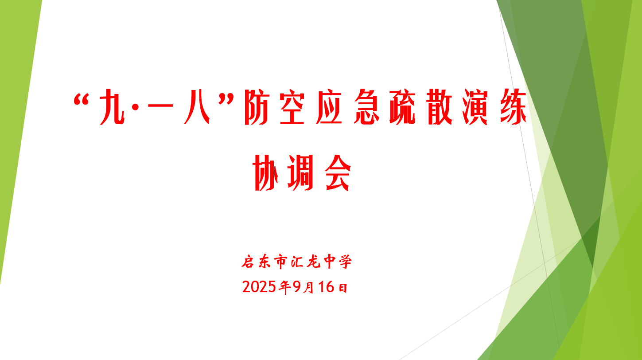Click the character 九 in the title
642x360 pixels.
(x=113, y=107)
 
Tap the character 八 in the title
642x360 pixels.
(x=197, y=107)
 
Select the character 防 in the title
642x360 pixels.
(x=256, y=107)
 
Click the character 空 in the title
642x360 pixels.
(x=292, y=107)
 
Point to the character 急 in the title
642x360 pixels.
(x=366, y=107)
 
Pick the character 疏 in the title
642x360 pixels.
(x=403, y=107)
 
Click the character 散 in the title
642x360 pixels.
(x=440, y=107)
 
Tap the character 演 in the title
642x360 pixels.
(x=475, y=107)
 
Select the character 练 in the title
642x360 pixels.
(x=514, y=107)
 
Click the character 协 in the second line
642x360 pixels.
(x=265, y=173)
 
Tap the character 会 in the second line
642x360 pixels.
(x=338, y=173)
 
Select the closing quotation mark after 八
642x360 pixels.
(x=226, y=100)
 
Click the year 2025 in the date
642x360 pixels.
(x=259, y=287)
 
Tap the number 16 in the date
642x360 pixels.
(x=326, y=287)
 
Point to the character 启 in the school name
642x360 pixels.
(x=248, y=262)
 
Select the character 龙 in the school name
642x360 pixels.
(x=313, y=262)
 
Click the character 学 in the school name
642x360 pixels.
(x=345, y=262)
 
